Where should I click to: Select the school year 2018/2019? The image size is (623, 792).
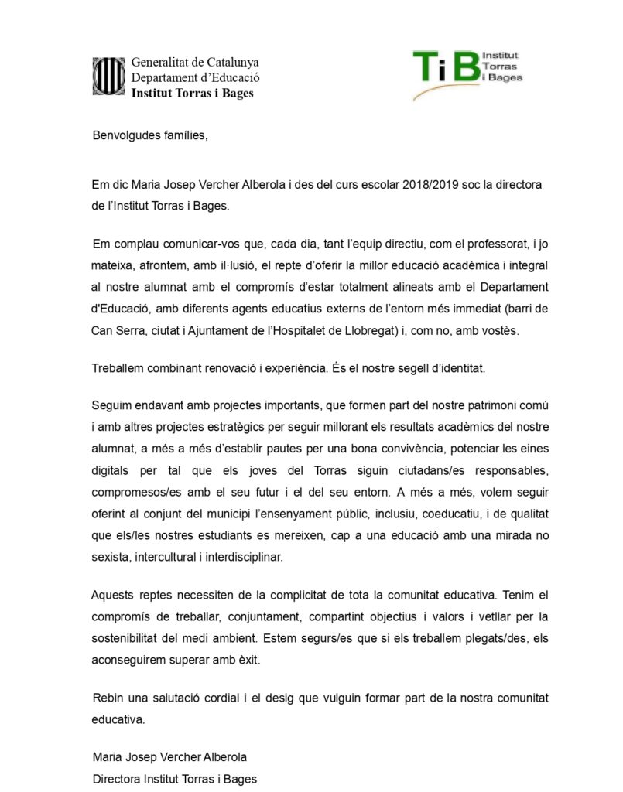click(x=434, y=186)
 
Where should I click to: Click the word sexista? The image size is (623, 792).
click(x=111, y=556)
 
